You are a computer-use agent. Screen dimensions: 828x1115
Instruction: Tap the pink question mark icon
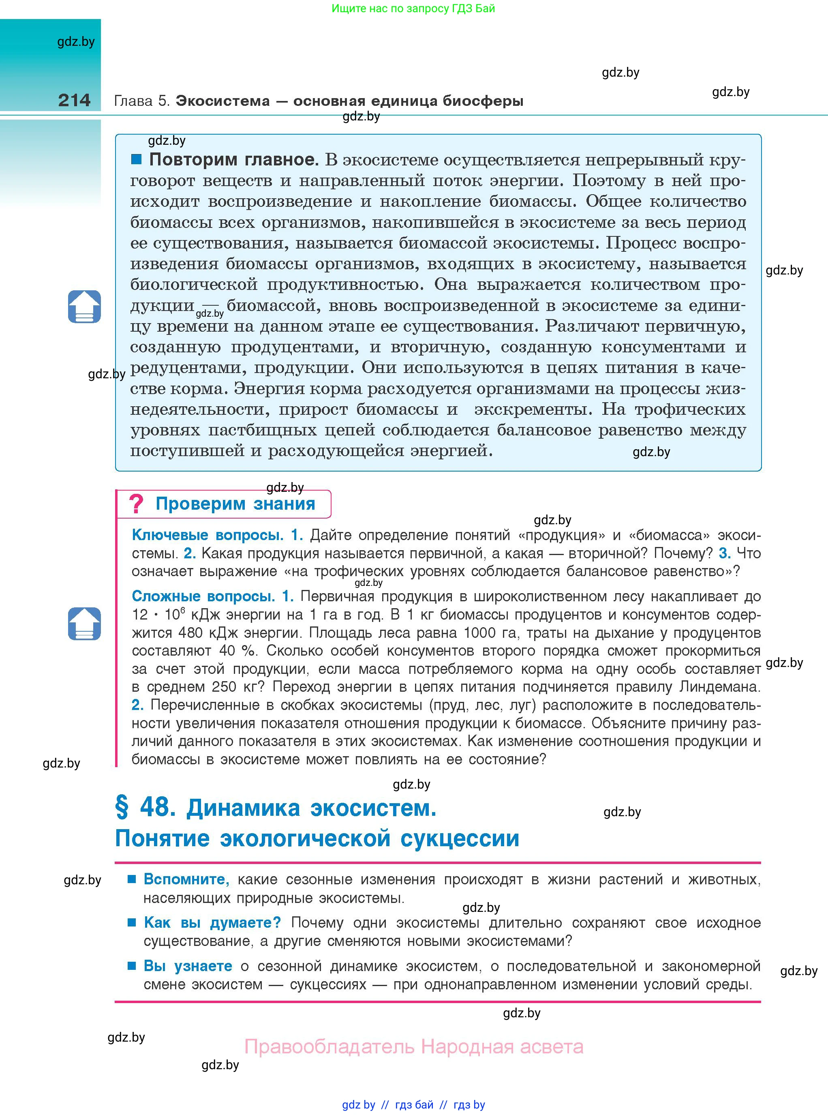coord(136,503)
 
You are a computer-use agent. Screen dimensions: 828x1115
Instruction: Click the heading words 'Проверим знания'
coord(235,503)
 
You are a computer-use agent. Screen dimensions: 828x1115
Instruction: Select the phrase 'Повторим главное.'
coord(233,159)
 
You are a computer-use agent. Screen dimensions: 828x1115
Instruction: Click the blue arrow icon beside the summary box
coord(84,307)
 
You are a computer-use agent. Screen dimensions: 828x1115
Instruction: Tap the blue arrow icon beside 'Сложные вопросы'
coord(84,624)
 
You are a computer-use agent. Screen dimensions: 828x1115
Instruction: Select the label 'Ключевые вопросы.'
coord(208,535)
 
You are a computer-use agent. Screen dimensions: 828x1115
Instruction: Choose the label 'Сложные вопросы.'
coord(203,596)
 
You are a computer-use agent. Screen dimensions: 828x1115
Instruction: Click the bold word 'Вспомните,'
coord(186,879)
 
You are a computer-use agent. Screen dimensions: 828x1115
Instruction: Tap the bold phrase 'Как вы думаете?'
coord(212,922)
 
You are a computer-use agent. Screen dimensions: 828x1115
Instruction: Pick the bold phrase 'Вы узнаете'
coord(188,966)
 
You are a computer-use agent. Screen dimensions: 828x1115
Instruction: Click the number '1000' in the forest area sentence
coord(480,633)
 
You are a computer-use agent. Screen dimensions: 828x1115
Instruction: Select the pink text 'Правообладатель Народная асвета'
coord(413,1047)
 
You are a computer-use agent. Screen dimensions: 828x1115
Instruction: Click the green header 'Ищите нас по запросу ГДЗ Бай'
coord(413,9)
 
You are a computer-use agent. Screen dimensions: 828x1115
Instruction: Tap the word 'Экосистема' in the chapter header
coord(223,101)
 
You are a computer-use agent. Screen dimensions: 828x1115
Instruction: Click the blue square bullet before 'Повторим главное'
coord(136,159)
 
